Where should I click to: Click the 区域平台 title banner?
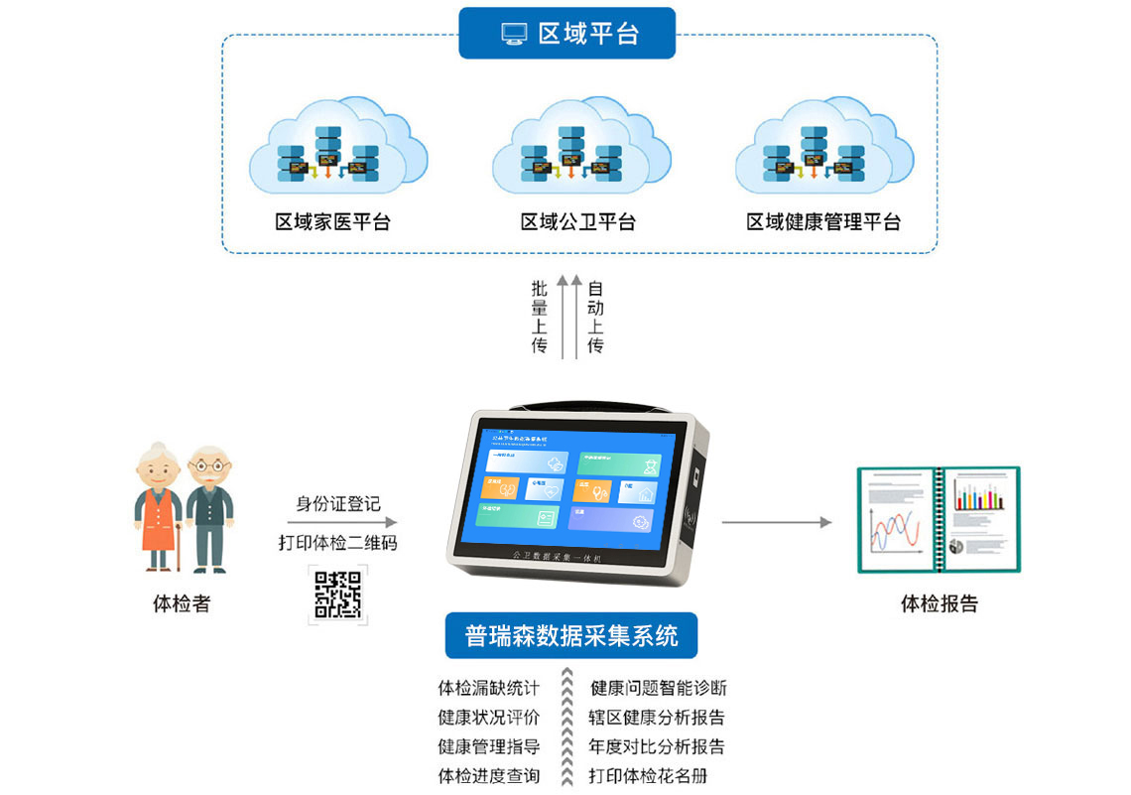tap(566, 34)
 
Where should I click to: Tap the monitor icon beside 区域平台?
tap(514, 34)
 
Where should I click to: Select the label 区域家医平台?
tap(332, 222)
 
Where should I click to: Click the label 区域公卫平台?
tap(577, 222)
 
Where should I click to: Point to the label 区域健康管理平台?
tap(823, 222)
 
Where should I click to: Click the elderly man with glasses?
tap(209, 506)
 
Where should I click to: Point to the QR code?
tap(337, 594)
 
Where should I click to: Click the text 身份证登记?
tap(337, 504)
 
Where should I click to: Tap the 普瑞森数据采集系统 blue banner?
tap(570, 635)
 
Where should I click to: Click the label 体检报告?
tap(939, 603)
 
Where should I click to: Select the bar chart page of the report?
tap(979, 519)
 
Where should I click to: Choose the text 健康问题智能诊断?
tap(658, 688)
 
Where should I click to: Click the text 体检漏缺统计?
tap(489, 688)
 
